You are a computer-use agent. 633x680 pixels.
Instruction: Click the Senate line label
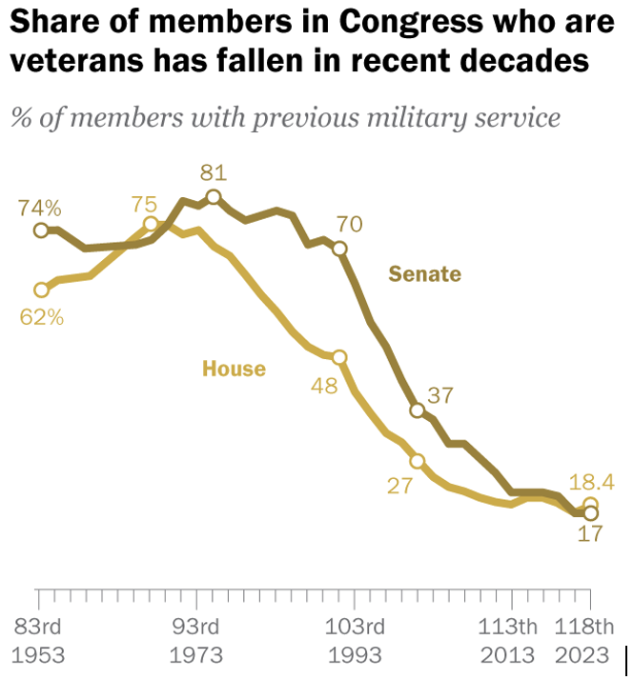[x=424, y=275]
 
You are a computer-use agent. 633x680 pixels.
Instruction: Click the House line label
[x=234, y=369]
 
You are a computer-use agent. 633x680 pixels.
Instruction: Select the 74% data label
[x=39, y=208]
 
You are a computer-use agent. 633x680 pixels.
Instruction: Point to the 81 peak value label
[x=213, y=172]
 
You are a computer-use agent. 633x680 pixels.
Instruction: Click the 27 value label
[x=398, y=485]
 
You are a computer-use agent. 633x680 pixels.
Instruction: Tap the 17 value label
[x=591, y=535]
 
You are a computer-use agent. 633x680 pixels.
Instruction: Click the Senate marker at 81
[x=213, y=197]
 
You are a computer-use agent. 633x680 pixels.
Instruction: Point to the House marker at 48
[x=338, y=357]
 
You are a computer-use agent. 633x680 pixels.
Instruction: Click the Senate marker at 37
[x=417, y=410]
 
